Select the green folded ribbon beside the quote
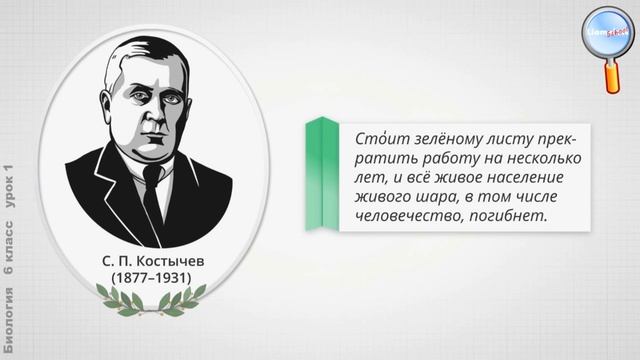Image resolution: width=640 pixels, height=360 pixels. pos(322,175)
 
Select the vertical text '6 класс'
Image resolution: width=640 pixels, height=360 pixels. pos(10,240)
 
